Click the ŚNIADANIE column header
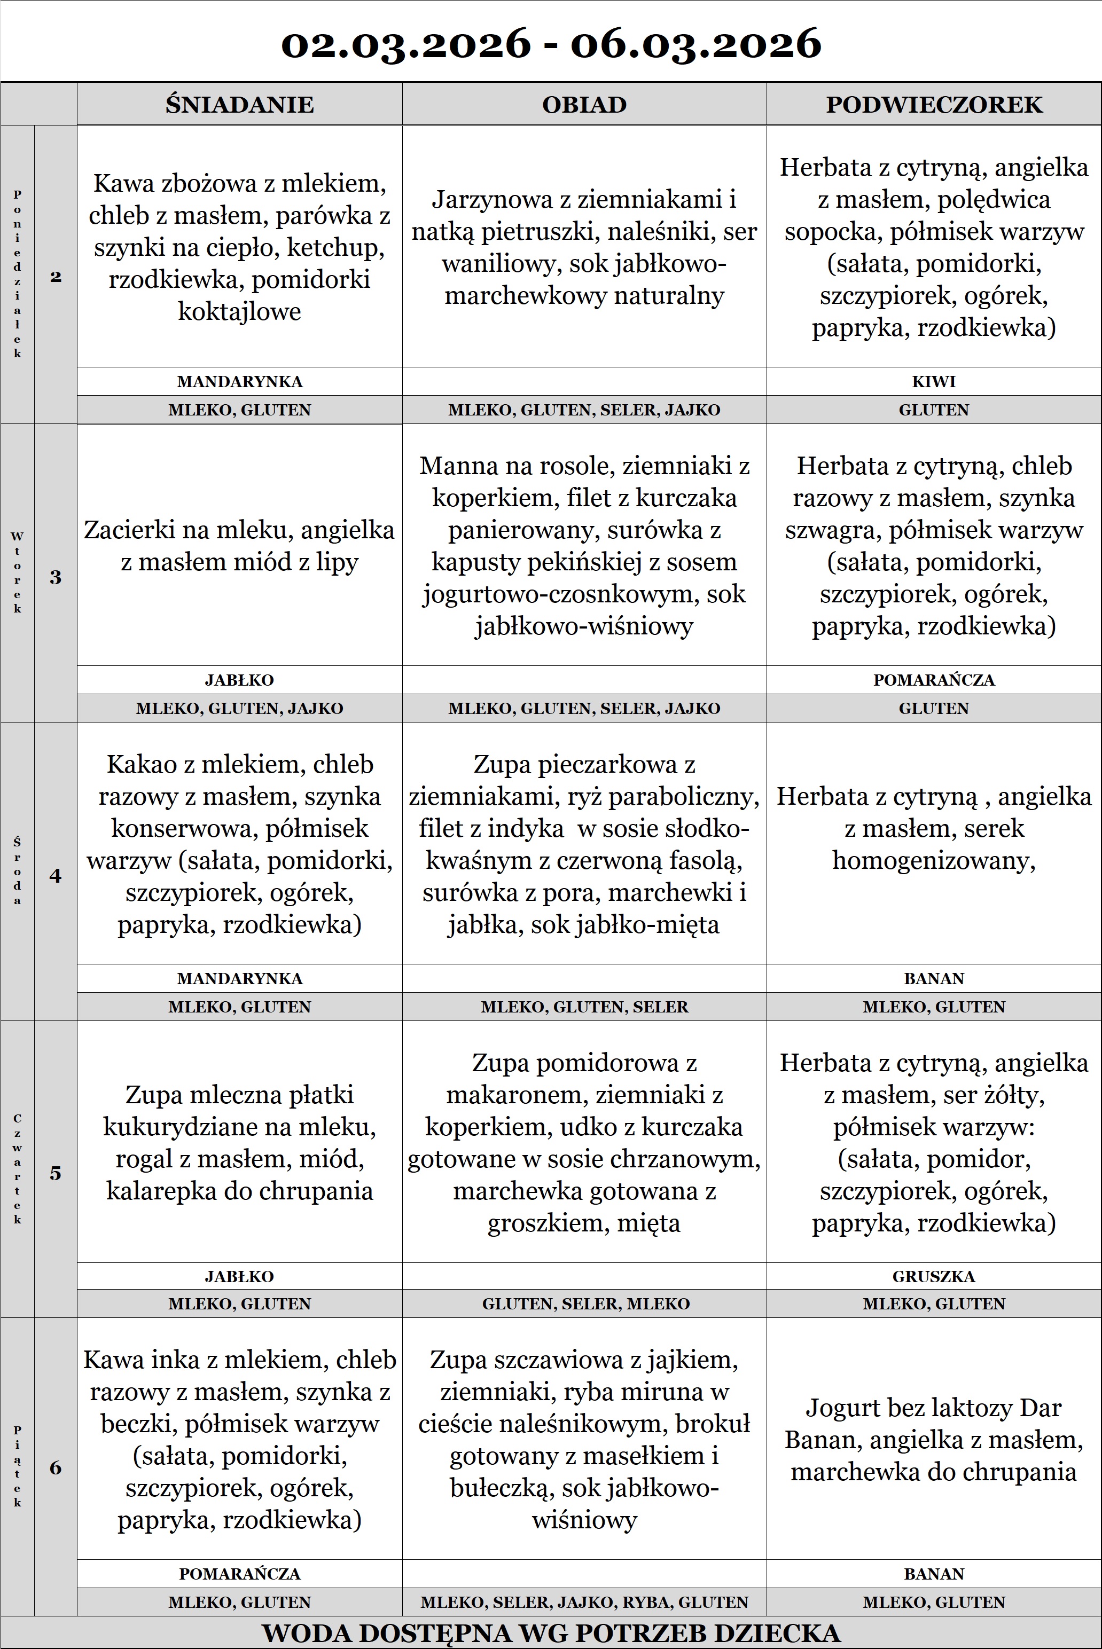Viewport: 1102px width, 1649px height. [240, 105]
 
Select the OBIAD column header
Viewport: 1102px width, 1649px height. [584, 105]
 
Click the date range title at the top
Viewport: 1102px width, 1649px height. [551, 44]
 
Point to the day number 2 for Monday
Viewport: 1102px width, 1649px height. [56, 276]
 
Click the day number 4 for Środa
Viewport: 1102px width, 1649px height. [56, 875]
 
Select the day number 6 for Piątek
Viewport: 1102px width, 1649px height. [56, 1468]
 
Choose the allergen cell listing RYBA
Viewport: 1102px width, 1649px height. [584, 1602]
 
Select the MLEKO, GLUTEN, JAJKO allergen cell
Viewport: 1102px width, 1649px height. [240, 708]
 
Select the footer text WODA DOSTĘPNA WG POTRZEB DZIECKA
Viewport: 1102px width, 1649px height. [551, 1633]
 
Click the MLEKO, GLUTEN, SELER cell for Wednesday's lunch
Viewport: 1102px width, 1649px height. [584, 1007]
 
